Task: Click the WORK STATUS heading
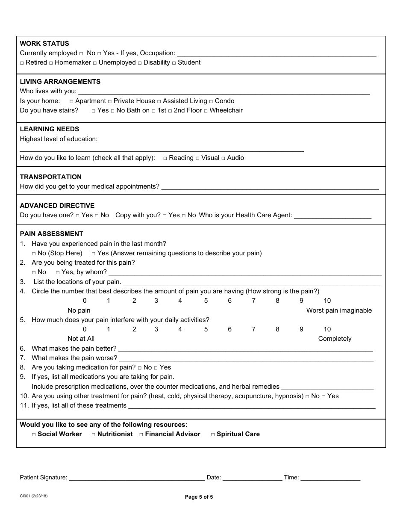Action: [x=44, y=44]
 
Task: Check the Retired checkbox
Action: [x=22, y=63]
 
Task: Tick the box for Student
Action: [x=174, y=63]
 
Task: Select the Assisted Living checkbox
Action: [x=159, y=101]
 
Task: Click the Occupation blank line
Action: [x=276, y=54]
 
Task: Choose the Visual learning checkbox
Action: [x=197, y=158]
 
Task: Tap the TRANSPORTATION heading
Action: [x=50, y=177]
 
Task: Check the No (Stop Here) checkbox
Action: [x=34, y=254]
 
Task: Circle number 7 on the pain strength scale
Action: [x=253, y=301]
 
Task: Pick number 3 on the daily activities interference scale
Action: [x=156, y=329]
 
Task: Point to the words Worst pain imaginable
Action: [x=339, y=310]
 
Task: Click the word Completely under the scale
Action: [x=335, y=339]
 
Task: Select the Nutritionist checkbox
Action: [x=94, y=434]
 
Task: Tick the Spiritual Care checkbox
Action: [x=213, y=434]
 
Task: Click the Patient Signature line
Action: [x=137, y=478]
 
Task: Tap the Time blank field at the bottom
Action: [x=330, y=478]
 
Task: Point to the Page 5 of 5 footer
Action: [x=199, y=497]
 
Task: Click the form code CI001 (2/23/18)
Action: [x=33, y=496]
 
